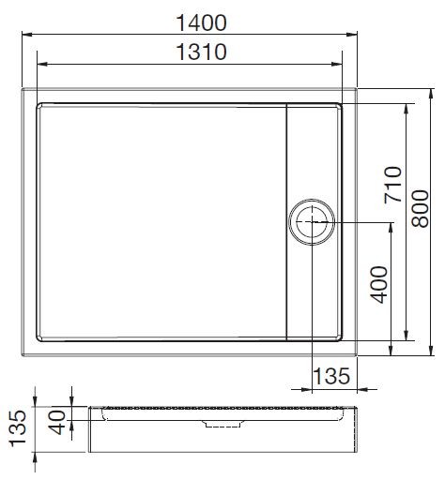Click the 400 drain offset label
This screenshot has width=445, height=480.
click(x=376, y=281)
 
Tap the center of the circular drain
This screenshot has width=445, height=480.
click(x=311, y=223)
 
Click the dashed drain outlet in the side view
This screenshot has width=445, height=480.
click(x=222, y=424)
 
